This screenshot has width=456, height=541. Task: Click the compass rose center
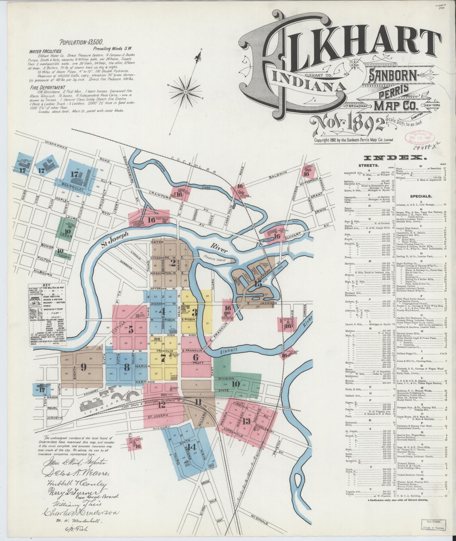click(186, 92)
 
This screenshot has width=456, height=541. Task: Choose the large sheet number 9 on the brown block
click(83, 367)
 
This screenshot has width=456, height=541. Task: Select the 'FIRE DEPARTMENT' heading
click(48, 87)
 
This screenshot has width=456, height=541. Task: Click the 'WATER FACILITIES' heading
click(45, 52)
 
